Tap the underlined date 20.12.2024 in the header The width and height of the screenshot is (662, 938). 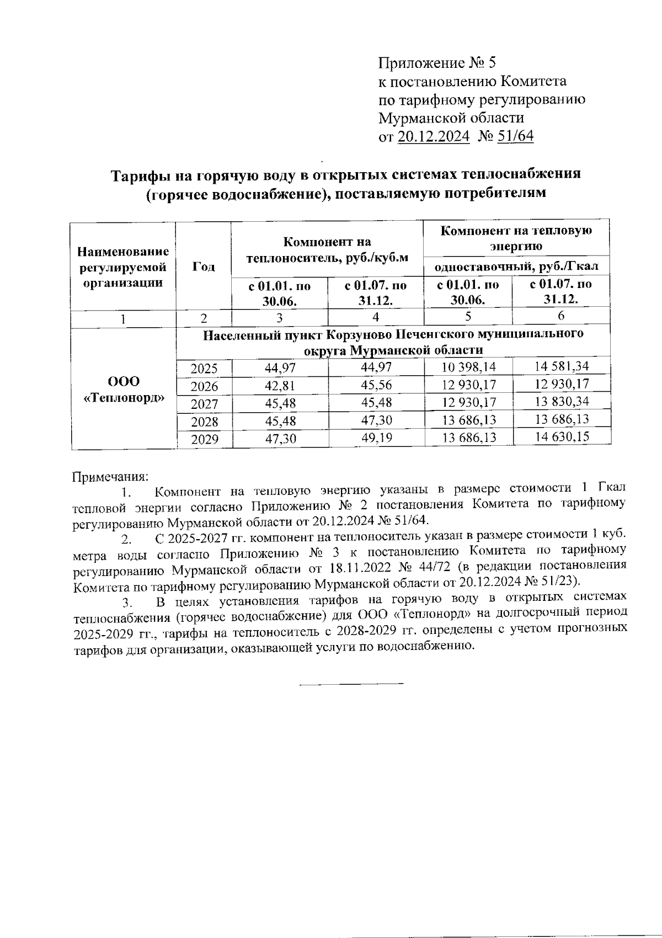point(434,136)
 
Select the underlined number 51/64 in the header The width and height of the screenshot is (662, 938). point(515,136)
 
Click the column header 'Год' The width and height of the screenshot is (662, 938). point(204,267)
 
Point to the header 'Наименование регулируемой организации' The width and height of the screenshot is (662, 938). point(123,268)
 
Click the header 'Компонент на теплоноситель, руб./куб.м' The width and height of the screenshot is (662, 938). point(327,250)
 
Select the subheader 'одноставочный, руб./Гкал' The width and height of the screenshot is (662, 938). point(517,267)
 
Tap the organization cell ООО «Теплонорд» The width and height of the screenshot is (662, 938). point(123,390)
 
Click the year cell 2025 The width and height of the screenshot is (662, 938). point(204,369)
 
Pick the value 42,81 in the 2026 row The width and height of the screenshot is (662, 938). point(280,386)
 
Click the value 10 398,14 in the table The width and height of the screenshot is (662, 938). point(469,367)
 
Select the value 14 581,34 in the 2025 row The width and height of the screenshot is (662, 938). point(562,366)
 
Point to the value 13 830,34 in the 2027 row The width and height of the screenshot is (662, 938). point(562,401)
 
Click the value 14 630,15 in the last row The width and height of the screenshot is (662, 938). point(562,437)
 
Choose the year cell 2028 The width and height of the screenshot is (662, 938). point(204,422)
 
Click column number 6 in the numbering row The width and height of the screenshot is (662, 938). point(561,316)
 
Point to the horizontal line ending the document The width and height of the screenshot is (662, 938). point(351,685)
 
